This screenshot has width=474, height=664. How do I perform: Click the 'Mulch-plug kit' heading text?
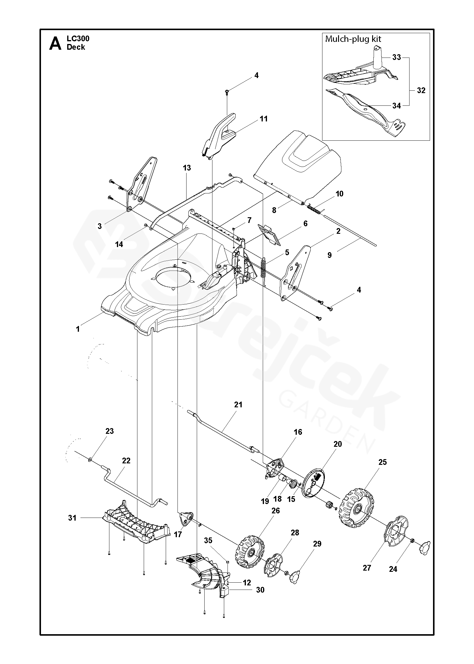pyautogui.click(x=353, y=39)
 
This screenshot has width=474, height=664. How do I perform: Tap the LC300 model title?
pyautogui.click(x=78, y=38)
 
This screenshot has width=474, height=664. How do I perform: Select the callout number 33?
pyautogui.click(x=397, y=57)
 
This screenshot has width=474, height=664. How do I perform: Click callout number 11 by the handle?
pyautogui.click(x=264, y=119)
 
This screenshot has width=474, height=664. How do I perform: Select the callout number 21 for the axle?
pyautogui.click(x=238, y=405)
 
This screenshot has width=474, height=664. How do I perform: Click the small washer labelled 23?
pyautogui.click(x=90, y=460)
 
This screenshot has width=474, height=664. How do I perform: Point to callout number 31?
pyautogui.click(x=72, y=518)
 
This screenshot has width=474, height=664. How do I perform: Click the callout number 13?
pyautogui.click(x=187, y=168)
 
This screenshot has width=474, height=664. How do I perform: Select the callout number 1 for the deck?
pyautogui.click(x=78, y=329)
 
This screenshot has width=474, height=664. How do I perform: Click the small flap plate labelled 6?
pyautogui.click(x=269, y=234)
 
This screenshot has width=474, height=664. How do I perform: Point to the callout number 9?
pyautogui.click(x=329, y=255)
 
